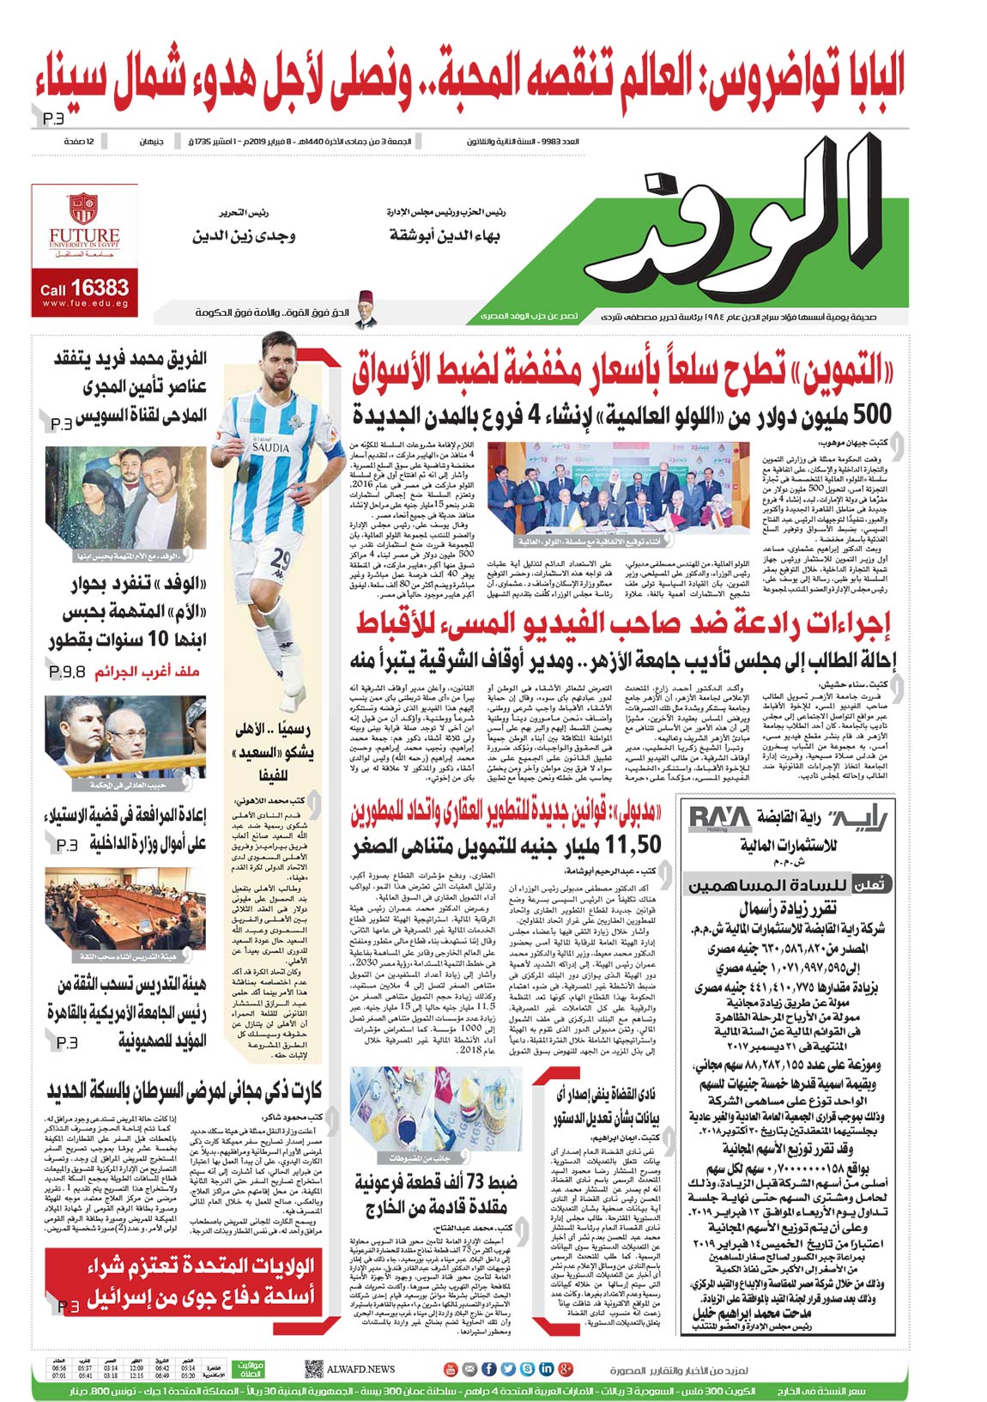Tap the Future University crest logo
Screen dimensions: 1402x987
click(83, 209)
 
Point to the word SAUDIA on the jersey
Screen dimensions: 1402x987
click(270, 447)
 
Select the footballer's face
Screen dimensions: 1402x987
click(282, 361)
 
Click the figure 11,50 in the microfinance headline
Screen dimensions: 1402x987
click(633, 846)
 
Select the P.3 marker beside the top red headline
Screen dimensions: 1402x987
click(53, 118)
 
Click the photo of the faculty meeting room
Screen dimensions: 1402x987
click(126, 913)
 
